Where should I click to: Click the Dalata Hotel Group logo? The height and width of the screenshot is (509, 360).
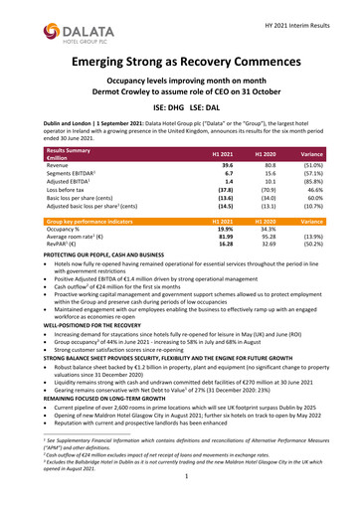point(45,23)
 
